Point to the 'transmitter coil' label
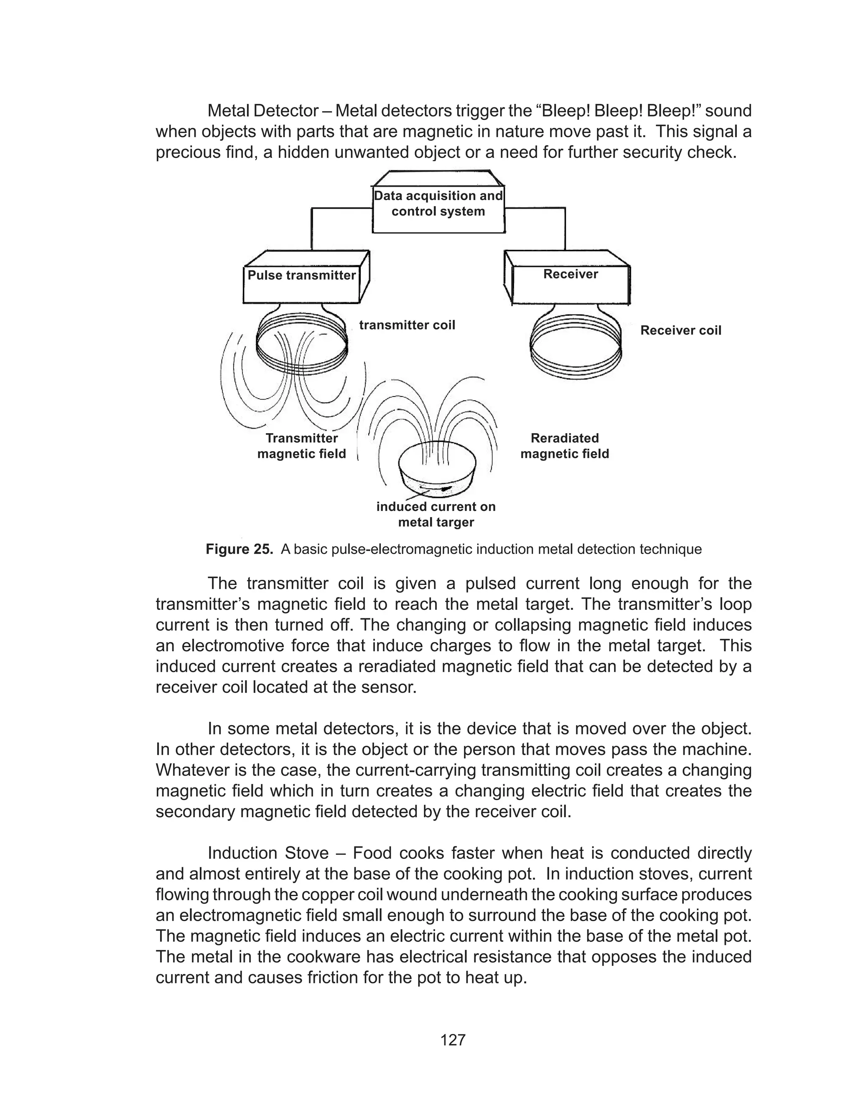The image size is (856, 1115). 407,325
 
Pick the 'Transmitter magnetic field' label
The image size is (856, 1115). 302,446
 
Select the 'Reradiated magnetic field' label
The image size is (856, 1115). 565,446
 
